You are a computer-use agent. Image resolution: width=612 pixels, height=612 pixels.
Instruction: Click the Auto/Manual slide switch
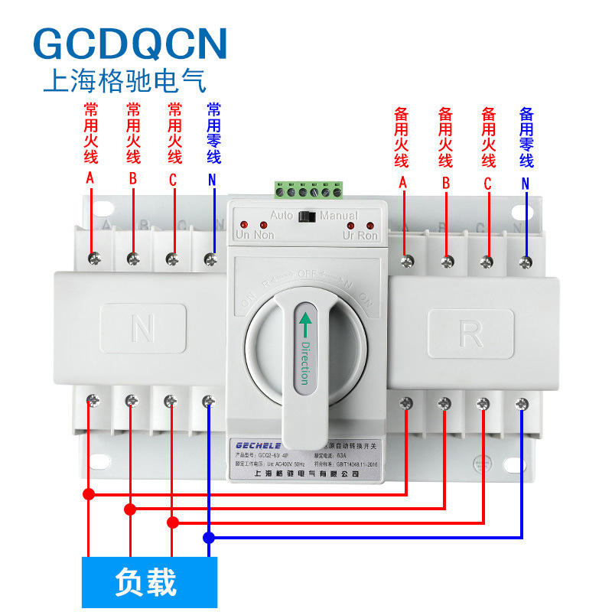pyautogui.click(x=308, y=216)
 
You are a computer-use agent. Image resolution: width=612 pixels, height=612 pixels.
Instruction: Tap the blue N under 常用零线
pyautogui.click(x=212, y=181)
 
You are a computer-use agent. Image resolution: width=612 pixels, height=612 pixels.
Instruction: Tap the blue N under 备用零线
pyautogui.click(x=526, y=184)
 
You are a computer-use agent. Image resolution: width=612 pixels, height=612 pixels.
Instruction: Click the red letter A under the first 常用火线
pyautogui.click(x=90, y=178)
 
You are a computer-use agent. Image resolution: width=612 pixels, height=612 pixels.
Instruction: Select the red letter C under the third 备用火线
pyautogui.click(x=487, y=184)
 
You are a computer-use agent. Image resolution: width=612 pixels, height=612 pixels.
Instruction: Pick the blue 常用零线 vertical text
pyautogui.click(x=213, y=133)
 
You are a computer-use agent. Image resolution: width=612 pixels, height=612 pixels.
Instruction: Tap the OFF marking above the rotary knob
pyautogui.click(x=308, y=273)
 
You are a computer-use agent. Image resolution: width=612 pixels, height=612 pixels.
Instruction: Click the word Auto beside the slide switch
pyautogui.click(x=282, y=216)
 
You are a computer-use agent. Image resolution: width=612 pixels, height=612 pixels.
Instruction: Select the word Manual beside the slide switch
pyautogui.click(x=338, y=216)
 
